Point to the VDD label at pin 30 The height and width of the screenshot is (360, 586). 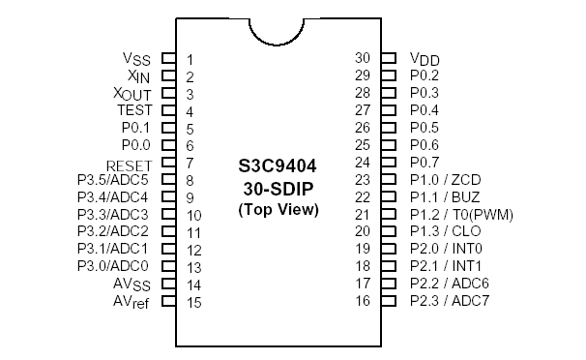[425, 59]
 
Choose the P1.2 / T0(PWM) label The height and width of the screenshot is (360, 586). [461, 214]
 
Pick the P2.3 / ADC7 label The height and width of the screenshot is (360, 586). [450, 301]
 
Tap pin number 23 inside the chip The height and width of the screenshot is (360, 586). [363, 180]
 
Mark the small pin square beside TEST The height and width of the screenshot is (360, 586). [167, 110]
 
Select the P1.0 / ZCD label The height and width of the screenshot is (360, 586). [445, 180]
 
